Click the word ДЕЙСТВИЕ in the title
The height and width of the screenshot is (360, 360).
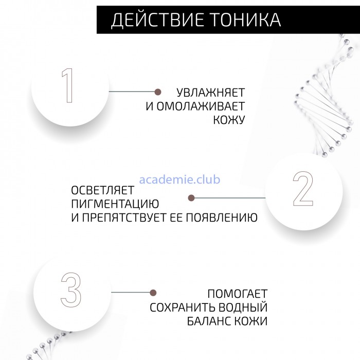[157, 20]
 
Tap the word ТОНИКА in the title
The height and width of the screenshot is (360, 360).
[246, 20]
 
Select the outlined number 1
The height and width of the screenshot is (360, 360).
[67, 85]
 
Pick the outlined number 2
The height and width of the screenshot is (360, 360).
[303, 189]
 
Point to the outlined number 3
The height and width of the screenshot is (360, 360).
[71, 290]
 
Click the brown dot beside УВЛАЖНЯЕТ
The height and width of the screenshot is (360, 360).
[158, 92]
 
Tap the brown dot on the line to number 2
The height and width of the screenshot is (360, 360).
[191, 198]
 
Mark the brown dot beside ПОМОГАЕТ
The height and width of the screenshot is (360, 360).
[153, 293]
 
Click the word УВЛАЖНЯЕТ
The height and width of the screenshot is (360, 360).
[210, 93]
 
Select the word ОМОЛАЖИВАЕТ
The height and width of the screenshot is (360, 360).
[201, 106]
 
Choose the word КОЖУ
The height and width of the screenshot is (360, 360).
[229, 120]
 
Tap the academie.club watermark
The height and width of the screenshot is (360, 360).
[179, 179]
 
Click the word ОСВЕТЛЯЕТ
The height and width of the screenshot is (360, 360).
[103, 190]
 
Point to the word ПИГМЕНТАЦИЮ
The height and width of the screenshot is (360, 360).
[115, 204]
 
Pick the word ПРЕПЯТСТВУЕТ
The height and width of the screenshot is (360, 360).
[124, 218]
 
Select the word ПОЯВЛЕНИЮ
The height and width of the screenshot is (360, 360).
[222, 218]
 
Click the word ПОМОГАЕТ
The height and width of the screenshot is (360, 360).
[238, 294]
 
